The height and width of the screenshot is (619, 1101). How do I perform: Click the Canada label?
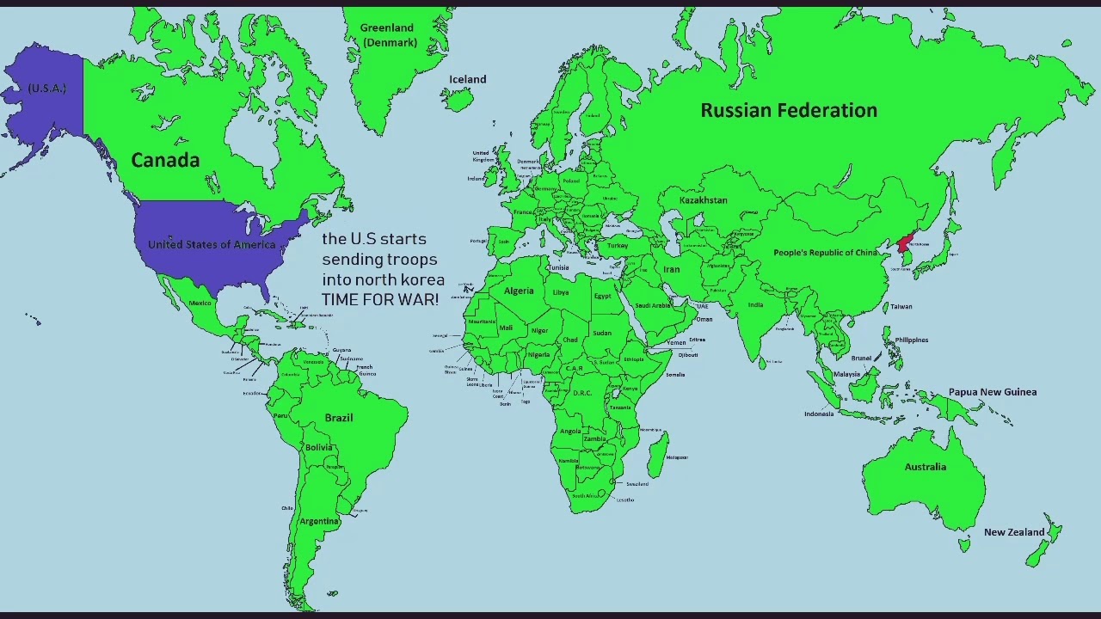165,160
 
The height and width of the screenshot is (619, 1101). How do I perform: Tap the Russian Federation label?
789,110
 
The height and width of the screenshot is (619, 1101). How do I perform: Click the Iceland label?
468,79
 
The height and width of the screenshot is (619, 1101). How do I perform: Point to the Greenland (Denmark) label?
388,35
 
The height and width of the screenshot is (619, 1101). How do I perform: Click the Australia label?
925,467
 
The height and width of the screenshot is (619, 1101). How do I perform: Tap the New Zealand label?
1013,532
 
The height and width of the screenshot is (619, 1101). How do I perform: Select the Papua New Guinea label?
992,392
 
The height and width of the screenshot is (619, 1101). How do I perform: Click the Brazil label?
339,418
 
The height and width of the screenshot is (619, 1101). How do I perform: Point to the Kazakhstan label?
703,200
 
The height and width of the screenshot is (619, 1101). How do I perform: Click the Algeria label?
519,291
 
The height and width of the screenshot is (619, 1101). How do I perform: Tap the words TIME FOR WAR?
380,300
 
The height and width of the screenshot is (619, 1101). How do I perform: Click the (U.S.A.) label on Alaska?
46,89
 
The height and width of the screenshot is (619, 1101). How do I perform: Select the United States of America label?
212,244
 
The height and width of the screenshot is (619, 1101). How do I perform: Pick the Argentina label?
319,521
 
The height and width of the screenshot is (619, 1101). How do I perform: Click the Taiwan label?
901,306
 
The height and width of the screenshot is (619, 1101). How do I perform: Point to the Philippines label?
911,340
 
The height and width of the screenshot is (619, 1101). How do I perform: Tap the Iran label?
671,269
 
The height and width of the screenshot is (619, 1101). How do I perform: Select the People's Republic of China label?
825,253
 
